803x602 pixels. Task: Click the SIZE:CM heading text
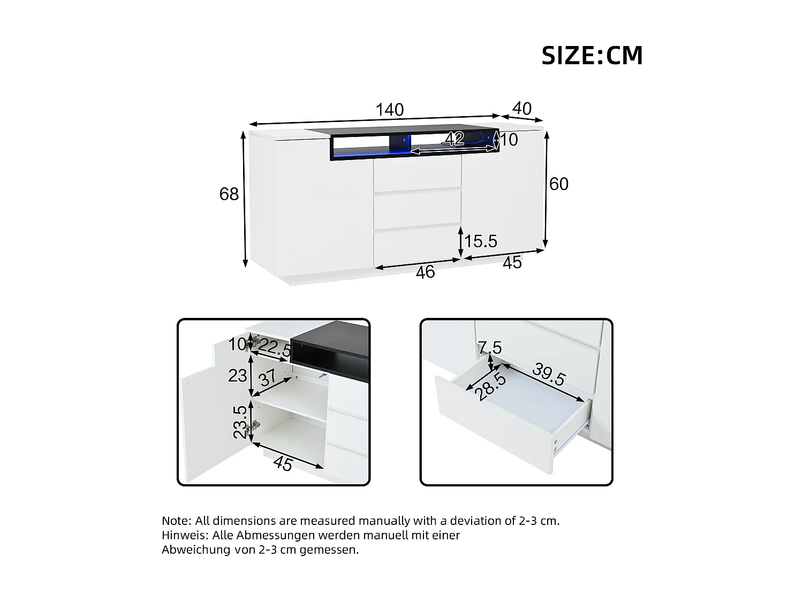pyautogui.click(x=592, y=56)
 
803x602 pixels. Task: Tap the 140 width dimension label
pyautogui.click(x=389, y=110)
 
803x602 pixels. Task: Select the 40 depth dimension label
pyautogui.click(x=521, y=109)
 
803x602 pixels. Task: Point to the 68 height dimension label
pyautogui.click(x=229, y=194)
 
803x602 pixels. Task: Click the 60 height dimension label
pyautogui.click(x=558, y=184)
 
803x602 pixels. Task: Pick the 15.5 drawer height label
pyautogui.click(x=480, y=241)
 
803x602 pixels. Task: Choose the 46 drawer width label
pyautogui.click(x=425, y=272)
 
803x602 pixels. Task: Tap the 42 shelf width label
pyautogui.click(x=454, y=139)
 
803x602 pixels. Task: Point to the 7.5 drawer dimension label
pyautogui.click(x=490, y=348)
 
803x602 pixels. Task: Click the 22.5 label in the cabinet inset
pyautogui.click(x=275, y=349)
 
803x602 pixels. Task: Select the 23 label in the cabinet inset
pyautogui.click(x=237, y=376)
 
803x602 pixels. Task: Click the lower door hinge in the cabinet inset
pyautogui.click(x=256, y=425)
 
